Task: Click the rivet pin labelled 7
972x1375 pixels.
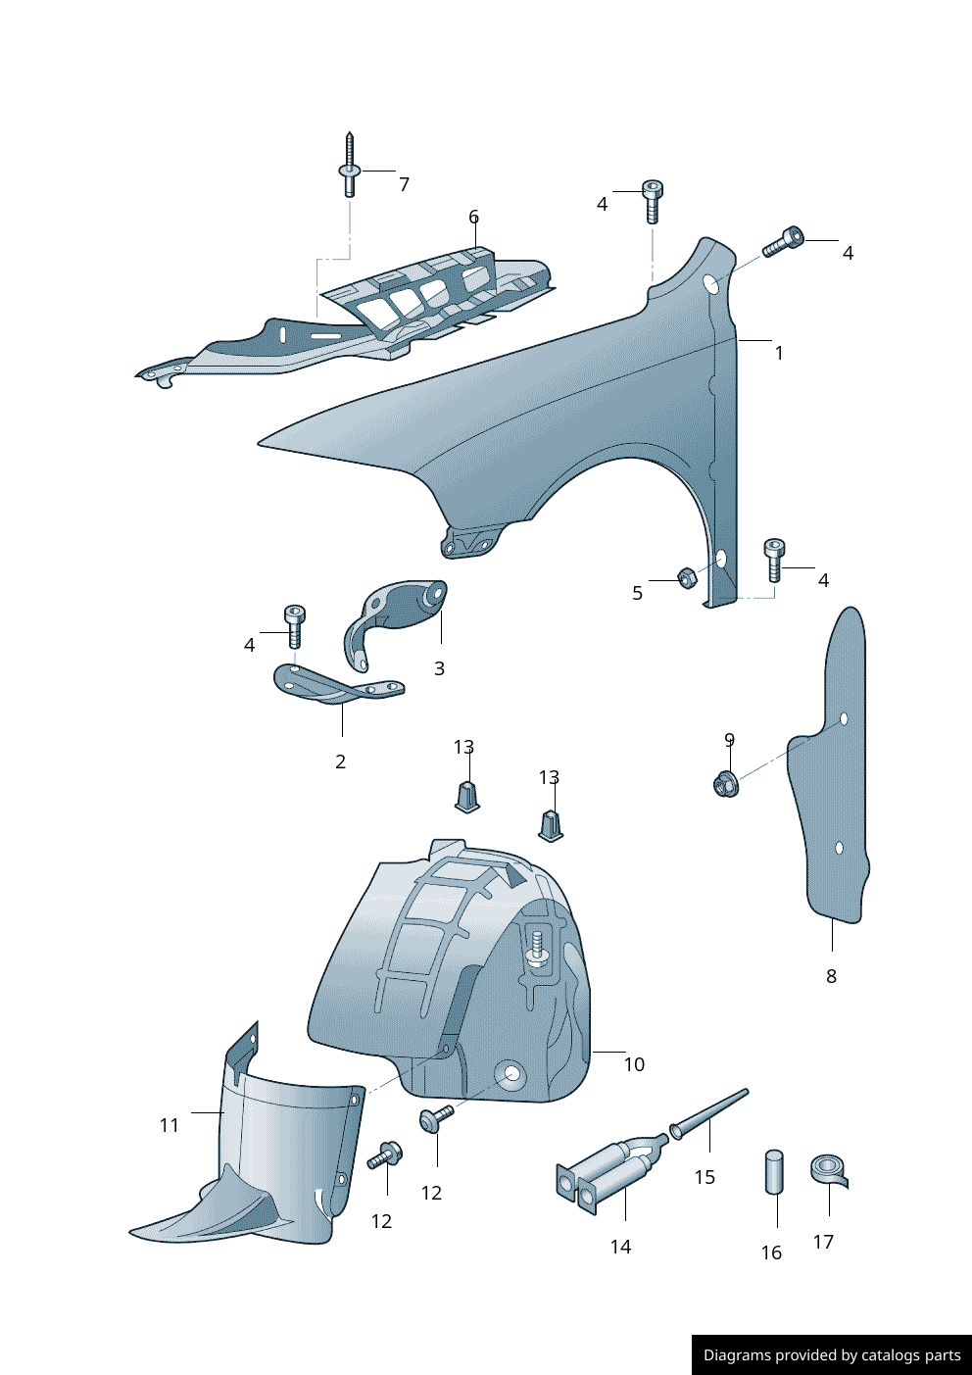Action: (x=350, y=167)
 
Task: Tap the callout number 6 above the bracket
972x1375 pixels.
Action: (x=473, y=217)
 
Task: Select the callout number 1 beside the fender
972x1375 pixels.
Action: (x=779, y=353)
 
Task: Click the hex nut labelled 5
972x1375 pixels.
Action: (x=687, y=578)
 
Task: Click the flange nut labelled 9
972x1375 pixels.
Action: (x=725, y=783)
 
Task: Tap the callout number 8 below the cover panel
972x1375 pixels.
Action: (x=831, y=976)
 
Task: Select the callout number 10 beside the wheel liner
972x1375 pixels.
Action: (x=634, y=1064)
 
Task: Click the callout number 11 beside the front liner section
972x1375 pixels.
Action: (x=170, y=1125)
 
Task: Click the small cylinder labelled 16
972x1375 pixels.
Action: (x=774, y=1172)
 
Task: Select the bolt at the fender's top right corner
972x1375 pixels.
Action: (x=784, y=241)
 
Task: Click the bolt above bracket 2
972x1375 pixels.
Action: (x=294, y=624)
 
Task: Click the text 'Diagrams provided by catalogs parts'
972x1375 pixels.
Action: (x=832, y=1355)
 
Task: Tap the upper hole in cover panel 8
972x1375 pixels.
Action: (x=844, y=718)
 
